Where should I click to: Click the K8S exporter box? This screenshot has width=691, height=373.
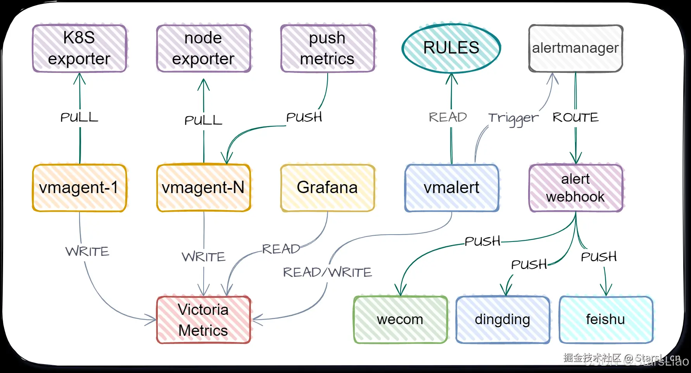[79, 48]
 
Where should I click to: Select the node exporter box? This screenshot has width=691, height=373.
[204, 48]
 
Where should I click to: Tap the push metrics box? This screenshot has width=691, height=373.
[328, 48]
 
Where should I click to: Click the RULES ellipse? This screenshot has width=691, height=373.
[451, 48]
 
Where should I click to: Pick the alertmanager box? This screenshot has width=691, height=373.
[575, 48]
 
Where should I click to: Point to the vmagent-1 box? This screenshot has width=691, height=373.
[79, 188]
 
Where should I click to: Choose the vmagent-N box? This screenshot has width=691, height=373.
[204, 188]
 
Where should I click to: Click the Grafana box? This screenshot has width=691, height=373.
[328, 188]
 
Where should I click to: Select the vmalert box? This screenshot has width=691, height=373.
[452, 188]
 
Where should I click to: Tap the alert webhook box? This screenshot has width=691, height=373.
[576, 188]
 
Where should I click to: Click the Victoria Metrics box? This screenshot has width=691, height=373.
[204, 320]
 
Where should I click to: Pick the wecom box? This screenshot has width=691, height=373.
[401, 320]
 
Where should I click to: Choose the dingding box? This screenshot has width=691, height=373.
[503, 320]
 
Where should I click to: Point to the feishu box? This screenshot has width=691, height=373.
[606, 320]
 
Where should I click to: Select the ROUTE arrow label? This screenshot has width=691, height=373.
[575, 117]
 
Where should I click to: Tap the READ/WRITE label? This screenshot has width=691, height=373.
[328, 272]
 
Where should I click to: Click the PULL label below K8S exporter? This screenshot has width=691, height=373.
[79, 117]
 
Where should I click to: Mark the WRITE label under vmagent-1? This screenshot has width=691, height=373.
[87, 251]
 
